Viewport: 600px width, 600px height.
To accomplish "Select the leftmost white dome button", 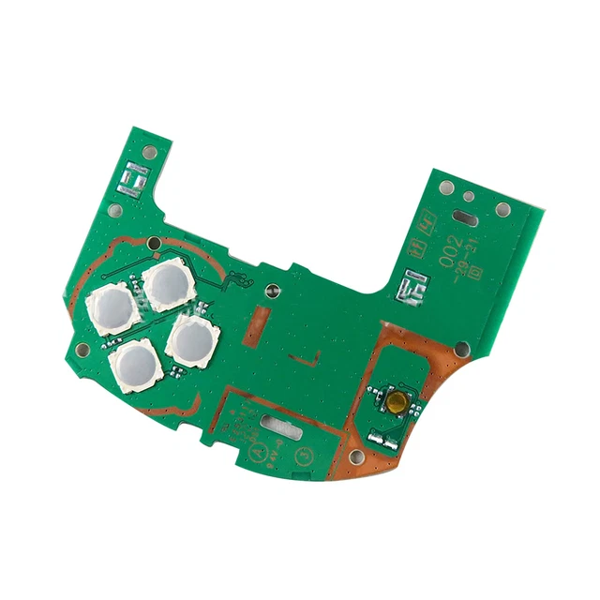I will pos(112,308).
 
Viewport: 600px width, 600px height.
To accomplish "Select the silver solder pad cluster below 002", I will pos(411,285).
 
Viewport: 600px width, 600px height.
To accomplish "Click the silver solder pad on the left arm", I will pos(134,177).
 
